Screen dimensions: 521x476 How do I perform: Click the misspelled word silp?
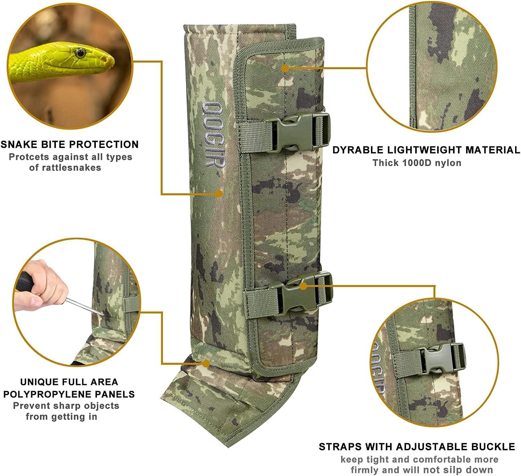click(462, 470)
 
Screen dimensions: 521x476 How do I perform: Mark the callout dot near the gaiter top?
click(285, 68)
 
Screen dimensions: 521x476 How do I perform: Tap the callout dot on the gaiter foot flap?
click(206, 364)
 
